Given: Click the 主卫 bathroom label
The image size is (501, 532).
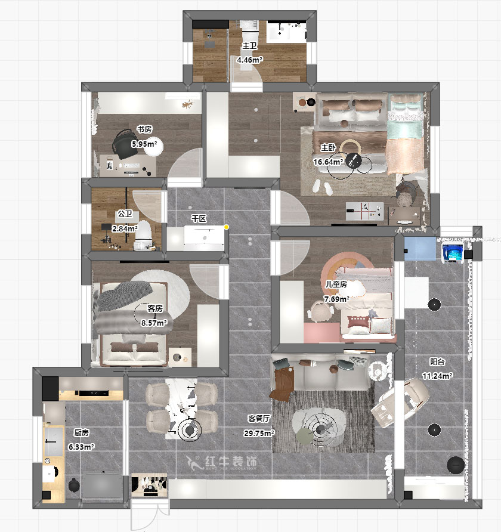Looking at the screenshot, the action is pyautogui.click(x=250, y=45).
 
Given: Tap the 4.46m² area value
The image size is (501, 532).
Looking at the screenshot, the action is pyautogui.click(x=250, y=60).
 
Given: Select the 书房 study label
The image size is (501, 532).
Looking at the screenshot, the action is pyautogui.click(x=144, y=129).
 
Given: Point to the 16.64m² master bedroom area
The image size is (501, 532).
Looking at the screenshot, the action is pyautogui.click(x=328, y=162).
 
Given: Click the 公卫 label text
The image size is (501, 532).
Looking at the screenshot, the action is pyautogui.click(x=125, y=214).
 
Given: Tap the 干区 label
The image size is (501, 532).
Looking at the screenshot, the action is pyautogui.click(x=199, y=218).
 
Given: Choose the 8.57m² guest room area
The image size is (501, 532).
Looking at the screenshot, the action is pyautogui.click(x=154, y=323).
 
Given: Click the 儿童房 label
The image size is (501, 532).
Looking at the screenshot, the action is pyautogui.click(x=336, y=284).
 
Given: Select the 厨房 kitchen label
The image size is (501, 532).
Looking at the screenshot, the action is pyautogui.click(x=81, y=432).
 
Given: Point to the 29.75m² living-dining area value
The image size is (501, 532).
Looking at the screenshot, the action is pyautogui.click(x=259, y=433).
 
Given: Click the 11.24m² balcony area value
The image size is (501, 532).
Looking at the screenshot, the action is pyautogui.click(x=438, y=376).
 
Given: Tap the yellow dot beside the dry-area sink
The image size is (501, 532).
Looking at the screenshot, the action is pyautogui.click(x=226, y=227).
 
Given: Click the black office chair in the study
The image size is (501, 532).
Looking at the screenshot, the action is pyautogui.click(x=125, y=144).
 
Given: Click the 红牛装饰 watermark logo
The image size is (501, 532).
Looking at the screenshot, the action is pyautogui.click(x=222, y=462).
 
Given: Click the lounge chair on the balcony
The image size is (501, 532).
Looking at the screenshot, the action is pyautogui.click(x=400, y=403).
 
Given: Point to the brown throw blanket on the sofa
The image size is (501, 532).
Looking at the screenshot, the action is pyautogui.click(x=282, y=383).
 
